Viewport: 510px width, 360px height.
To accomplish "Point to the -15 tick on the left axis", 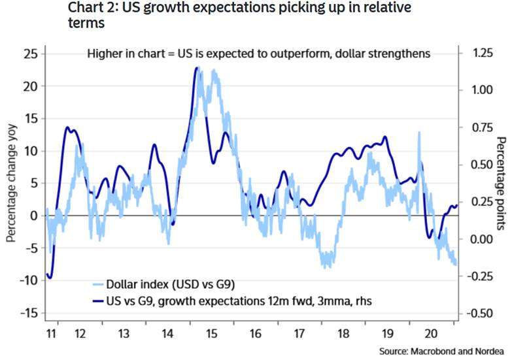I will pos(29,313).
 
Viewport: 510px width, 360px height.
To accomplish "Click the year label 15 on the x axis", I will pos(211,333).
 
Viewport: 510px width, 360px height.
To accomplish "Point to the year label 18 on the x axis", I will pos(343,333).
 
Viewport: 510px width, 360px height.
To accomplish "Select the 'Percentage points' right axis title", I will pos(501,183).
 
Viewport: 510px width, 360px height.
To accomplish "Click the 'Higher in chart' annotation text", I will pos(258,54).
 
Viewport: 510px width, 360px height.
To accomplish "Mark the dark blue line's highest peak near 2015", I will pos(197,67).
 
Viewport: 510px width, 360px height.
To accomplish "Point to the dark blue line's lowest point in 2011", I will pos(50,278).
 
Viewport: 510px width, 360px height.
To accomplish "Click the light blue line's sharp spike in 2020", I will pos(419,133).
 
